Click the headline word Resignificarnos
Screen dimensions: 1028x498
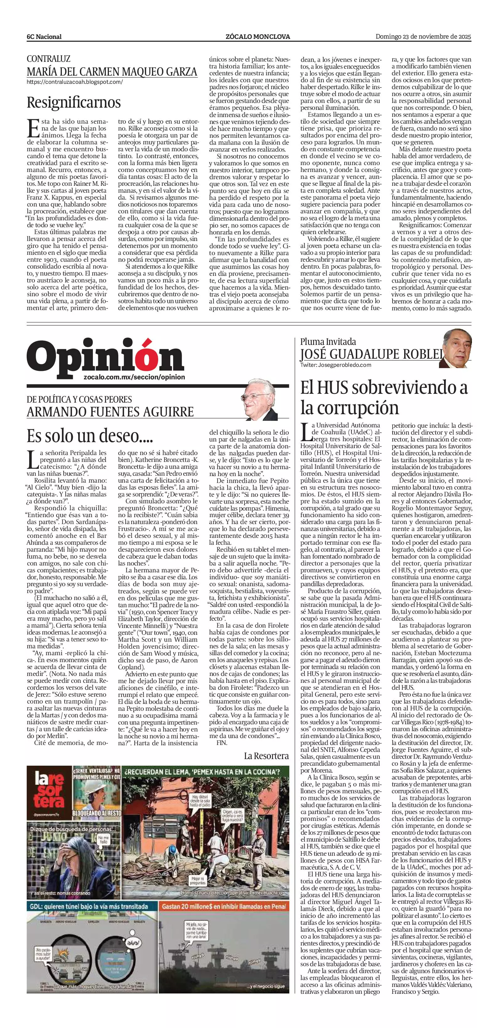(x=73, y=103)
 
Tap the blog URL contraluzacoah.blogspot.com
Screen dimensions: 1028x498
(x=75, y=82)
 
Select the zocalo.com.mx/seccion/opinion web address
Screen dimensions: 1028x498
(x=135, y=377)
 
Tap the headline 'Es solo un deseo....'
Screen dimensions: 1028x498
(x=90, y=436)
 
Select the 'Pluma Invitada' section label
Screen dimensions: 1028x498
(x=328, y=342)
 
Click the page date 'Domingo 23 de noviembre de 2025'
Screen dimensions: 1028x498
(x=423, y=37)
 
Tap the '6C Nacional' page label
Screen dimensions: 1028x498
(x=44, y=37)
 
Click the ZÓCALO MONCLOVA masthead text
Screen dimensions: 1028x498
(x=258, y=37)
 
